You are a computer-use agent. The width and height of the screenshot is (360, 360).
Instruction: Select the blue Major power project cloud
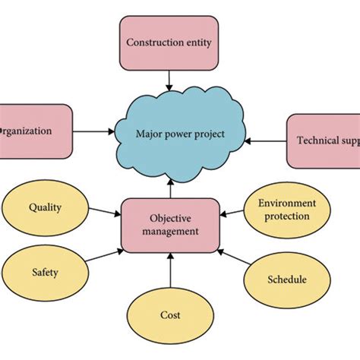tap(180, 134)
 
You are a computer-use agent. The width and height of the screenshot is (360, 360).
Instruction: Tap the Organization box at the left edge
tap(34, 131)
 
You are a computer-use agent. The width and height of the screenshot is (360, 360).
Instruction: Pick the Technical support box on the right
tap(324, 141)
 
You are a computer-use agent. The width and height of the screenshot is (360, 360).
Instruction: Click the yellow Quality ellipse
tap(45, 207)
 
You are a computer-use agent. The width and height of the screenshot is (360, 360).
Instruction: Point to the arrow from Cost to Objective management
tap(170, 271)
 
